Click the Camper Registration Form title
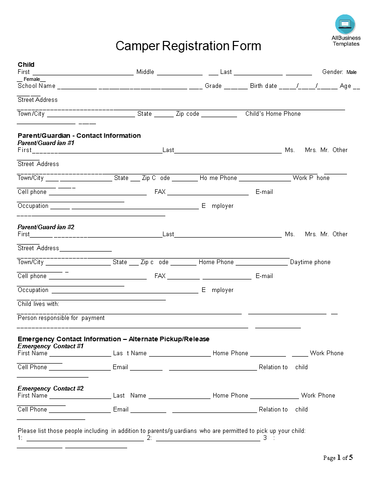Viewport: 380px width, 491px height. (188, 46)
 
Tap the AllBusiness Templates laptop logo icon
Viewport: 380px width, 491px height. (345, 24)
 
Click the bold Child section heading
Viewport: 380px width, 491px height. (26, 65)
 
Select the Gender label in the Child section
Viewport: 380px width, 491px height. (332, 72)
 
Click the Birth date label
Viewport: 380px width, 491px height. (264, 86)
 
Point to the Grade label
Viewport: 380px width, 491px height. (213, 86)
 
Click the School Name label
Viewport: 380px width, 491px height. (36, 86)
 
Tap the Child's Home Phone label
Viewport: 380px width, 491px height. (273, 113)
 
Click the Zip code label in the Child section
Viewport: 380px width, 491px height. (188, 113)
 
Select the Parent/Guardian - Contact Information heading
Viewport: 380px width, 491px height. (79, 136)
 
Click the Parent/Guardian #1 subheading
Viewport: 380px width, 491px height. (46, 143)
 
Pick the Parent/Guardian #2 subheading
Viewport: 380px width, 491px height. (46, 227)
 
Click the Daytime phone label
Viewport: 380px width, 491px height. (310, 262)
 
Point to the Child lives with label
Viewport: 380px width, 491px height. (39, 304)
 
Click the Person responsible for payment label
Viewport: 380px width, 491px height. (61, 318)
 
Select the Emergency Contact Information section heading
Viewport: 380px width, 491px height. (114, 339)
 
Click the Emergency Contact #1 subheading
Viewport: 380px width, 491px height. (51, 346)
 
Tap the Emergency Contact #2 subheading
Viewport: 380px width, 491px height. (51, 388)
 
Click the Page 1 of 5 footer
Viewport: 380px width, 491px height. (338, 458)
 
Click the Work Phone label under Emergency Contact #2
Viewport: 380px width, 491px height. (318, 396)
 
